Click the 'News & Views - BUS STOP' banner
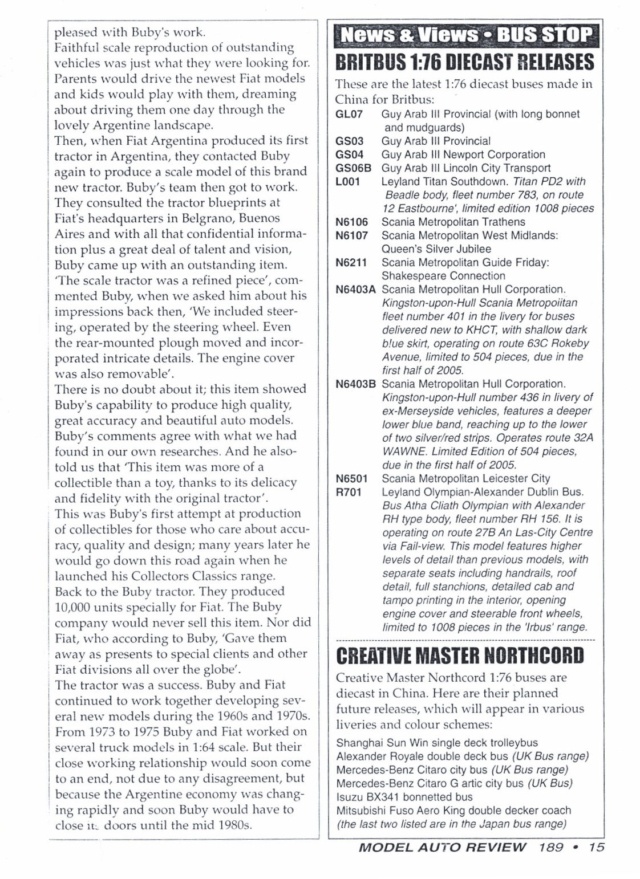pyautogui.click(x=465, y=36)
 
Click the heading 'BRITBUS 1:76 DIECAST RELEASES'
pyautogui.click(x=465, y=62)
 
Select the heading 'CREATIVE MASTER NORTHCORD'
pyautogui.click(x=460, y=656)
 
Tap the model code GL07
pyautogui.click(x=349, y=114)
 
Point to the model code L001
pyautogui.click(x=349, y=181)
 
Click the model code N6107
pyautogui.click(x=352, y=235)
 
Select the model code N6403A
pyautogui.click(x=356, y=290)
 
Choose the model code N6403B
pyautogui.click(x=356, y=384)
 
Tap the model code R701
pyautogui.click(x=349, y=492)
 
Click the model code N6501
pyautogui.click(x=352, y=479)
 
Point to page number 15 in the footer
pyautogui.click(x=596, y=847)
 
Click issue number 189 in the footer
pyautogui.click(x=550, y=847)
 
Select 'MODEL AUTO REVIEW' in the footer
pyautogui.click(x=443, y=847)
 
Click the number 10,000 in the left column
pyautogui.click(x=75, y=607)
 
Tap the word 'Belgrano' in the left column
pyautogui.click(x=202, y=218)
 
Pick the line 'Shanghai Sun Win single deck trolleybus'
pyautogui.click(x=437, y=743)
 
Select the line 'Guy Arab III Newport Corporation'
pyautogui.click(x=463, y=154)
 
